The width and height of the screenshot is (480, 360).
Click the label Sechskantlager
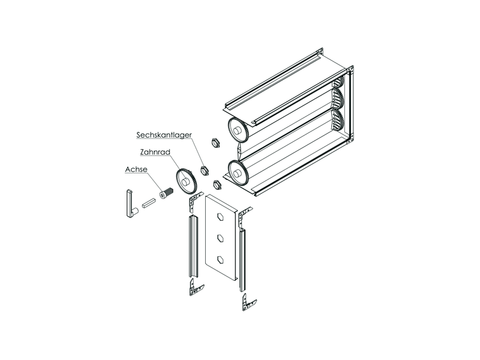coord(164,135)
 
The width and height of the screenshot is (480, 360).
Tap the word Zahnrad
coord(155,152)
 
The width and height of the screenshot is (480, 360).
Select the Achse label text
coord(136,170)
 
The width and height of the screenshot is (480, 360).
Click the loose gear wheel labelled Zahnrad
coord(187,181)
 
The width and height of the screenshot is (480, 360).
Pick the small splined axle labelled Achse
coord(167,193)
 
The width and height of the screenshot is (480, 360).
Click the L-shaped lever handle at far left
coord(130,204)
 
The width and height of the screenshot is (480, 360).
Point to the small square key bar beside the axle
coord(149,203)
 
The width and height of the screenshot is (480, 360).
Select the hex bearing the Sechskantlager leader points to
coord(204,170)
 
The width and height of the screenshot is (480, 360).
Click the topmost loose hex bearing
coord(216,142)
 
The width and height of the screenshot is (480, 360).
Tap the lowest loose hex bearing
coord(217,184)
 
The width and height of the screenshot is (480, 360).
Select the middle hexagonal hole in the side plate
coord(220,238)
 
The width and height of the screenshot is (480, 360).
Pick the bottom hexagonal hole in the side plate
coord(220,259)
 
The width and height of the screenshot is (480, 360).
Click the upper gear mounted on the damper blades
coord(239,130)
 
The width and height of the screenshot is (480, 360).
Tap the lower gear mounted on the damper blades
coord(239,173)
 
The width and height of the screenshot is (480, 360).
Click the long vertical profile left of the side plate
coord(194,247)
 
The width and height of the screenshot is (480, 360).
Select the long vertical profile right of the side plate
coord(242,260)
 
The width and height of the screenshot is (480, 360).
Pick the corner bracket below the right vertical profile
coord(248,303)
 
